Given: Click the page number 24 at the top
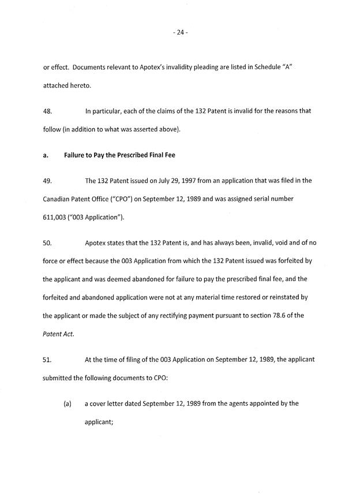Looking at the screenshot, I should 179,33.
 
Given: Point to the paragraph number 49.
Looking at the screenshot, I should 48,181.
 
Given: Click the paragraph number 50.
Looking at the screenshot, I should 48,243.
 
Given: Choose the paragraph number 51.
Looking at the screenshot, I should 48,360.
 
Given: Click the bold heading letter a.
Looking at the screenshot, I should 46,155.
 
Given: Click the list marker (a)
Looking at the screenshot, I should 67,404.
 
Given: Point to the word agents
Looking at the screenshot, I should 227,404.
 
